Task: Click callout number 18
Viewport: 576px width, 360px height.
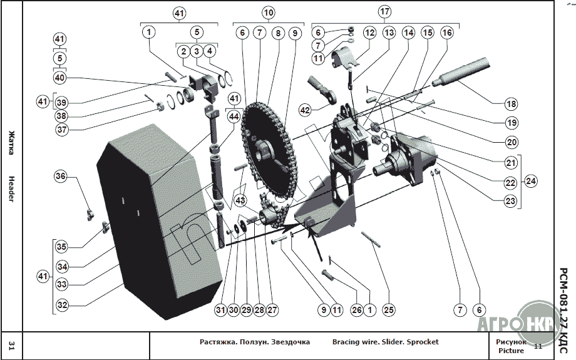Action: click(512, 102)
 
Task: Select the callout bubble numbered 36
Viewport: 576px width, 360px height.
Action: click(60, 177)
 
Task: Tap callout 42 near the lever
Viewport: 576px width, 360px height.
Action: click(305, 110)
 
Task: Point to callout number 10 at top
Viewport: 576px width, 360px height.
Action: click(268, 12)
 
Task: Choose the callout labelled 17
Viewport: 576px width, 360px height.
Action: click(384, 12)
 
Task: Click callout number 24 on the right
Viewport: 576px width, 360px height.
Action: click(531, 181)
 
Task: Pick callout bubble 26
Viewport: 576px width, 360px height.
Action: click(356, 309)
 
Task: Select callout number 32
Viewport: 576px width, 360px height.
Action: click(61, 306)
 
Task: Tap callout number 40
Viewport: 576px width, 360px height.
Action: click(59, 78)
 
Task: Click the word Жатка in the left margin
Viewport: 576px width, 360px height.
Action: click(12, 141)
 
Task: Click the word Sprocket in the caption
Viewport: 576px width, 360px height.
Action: click(423, 342)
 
